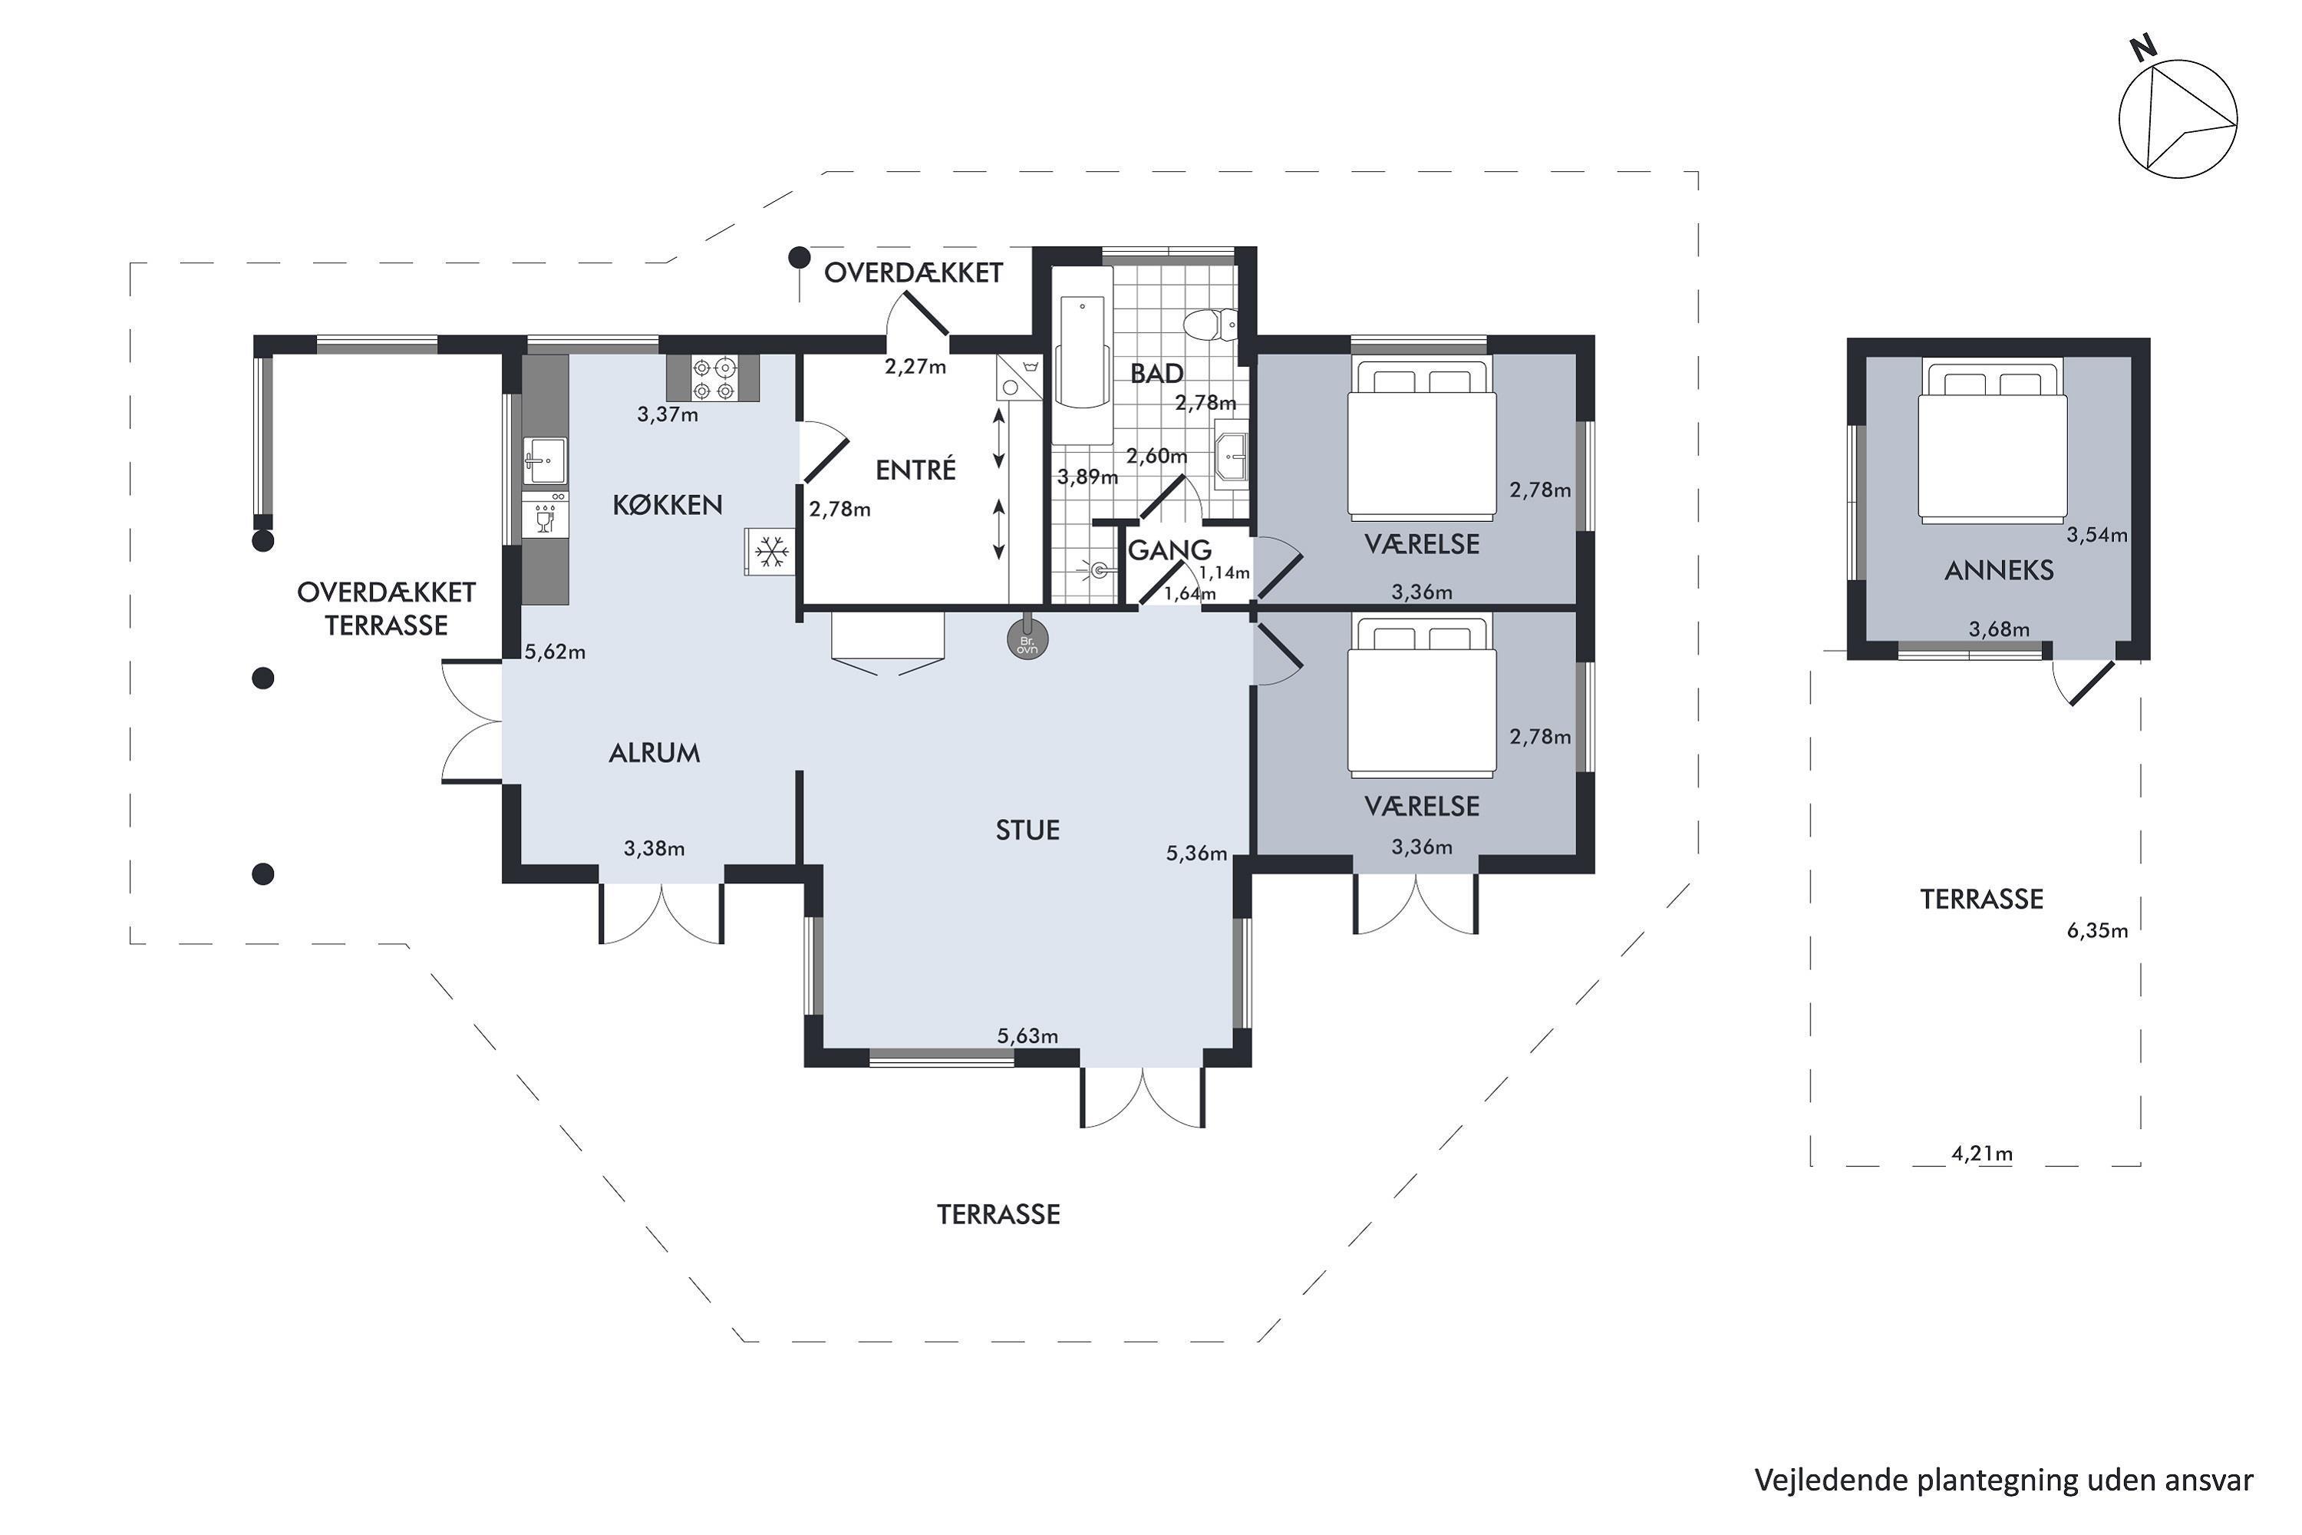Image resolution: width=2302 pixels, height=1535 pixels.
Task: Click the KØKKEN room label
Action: click(x=668, y=505)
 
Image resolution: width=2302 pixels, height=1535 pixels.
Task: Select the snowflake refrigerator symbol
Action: click(x=771, y=551)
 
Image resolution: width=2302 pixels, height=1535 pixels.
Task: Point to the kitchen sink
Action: click(x=545, y=460)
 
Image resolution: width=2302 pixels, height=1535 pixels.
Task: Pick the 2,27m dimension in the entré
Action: click(x=915, y=367)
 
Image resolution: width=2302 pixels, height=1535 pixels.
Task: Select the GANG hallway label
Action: click(x=1169, y=550)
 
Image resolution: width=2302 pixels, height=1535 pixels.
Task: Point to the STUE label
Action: click(x=1027, y=831)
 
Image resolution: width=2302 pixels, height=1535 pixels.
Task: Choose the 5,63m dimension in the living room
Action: click(x=1027, y=1035)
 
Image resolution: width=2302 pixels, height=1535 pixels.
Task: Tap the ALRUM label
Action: click(x=654, y=753)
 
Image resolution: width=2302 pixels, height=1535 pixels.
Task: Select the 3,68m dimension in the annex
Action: click(x=2000, y=629)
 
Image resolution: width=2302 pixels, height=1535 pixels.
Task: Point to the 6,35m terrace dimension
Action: click(x=2097, y=931)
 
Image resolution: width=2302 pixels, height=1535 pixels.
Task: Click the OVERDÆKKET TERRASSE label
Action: click(x=387, y=609)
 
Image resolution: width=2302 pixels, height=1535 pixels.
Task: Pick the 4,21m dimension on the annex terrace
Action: click(x=1982, y=1154)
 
